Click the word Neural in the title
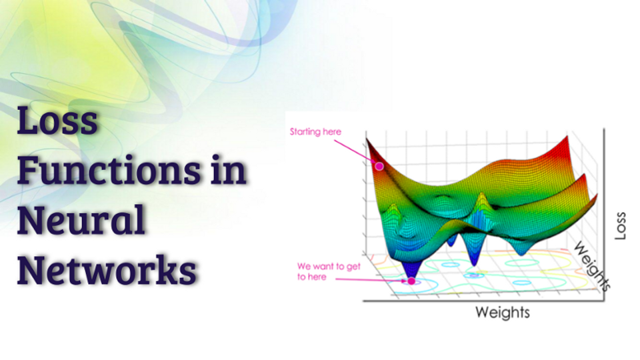(81, 220)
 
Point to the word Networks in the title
(107, 270)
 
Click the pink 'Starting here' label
(315, 131)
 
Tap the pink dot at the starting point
(379, 166)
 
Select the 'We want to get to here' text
(320, 271)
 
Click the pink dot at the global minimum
(411, 281)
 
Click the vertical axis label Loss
(621, 227)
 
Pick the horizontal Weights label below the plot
(502, 312)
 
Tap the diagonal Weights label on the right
(593, 267)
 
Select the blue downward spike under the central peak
(475, 257)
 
